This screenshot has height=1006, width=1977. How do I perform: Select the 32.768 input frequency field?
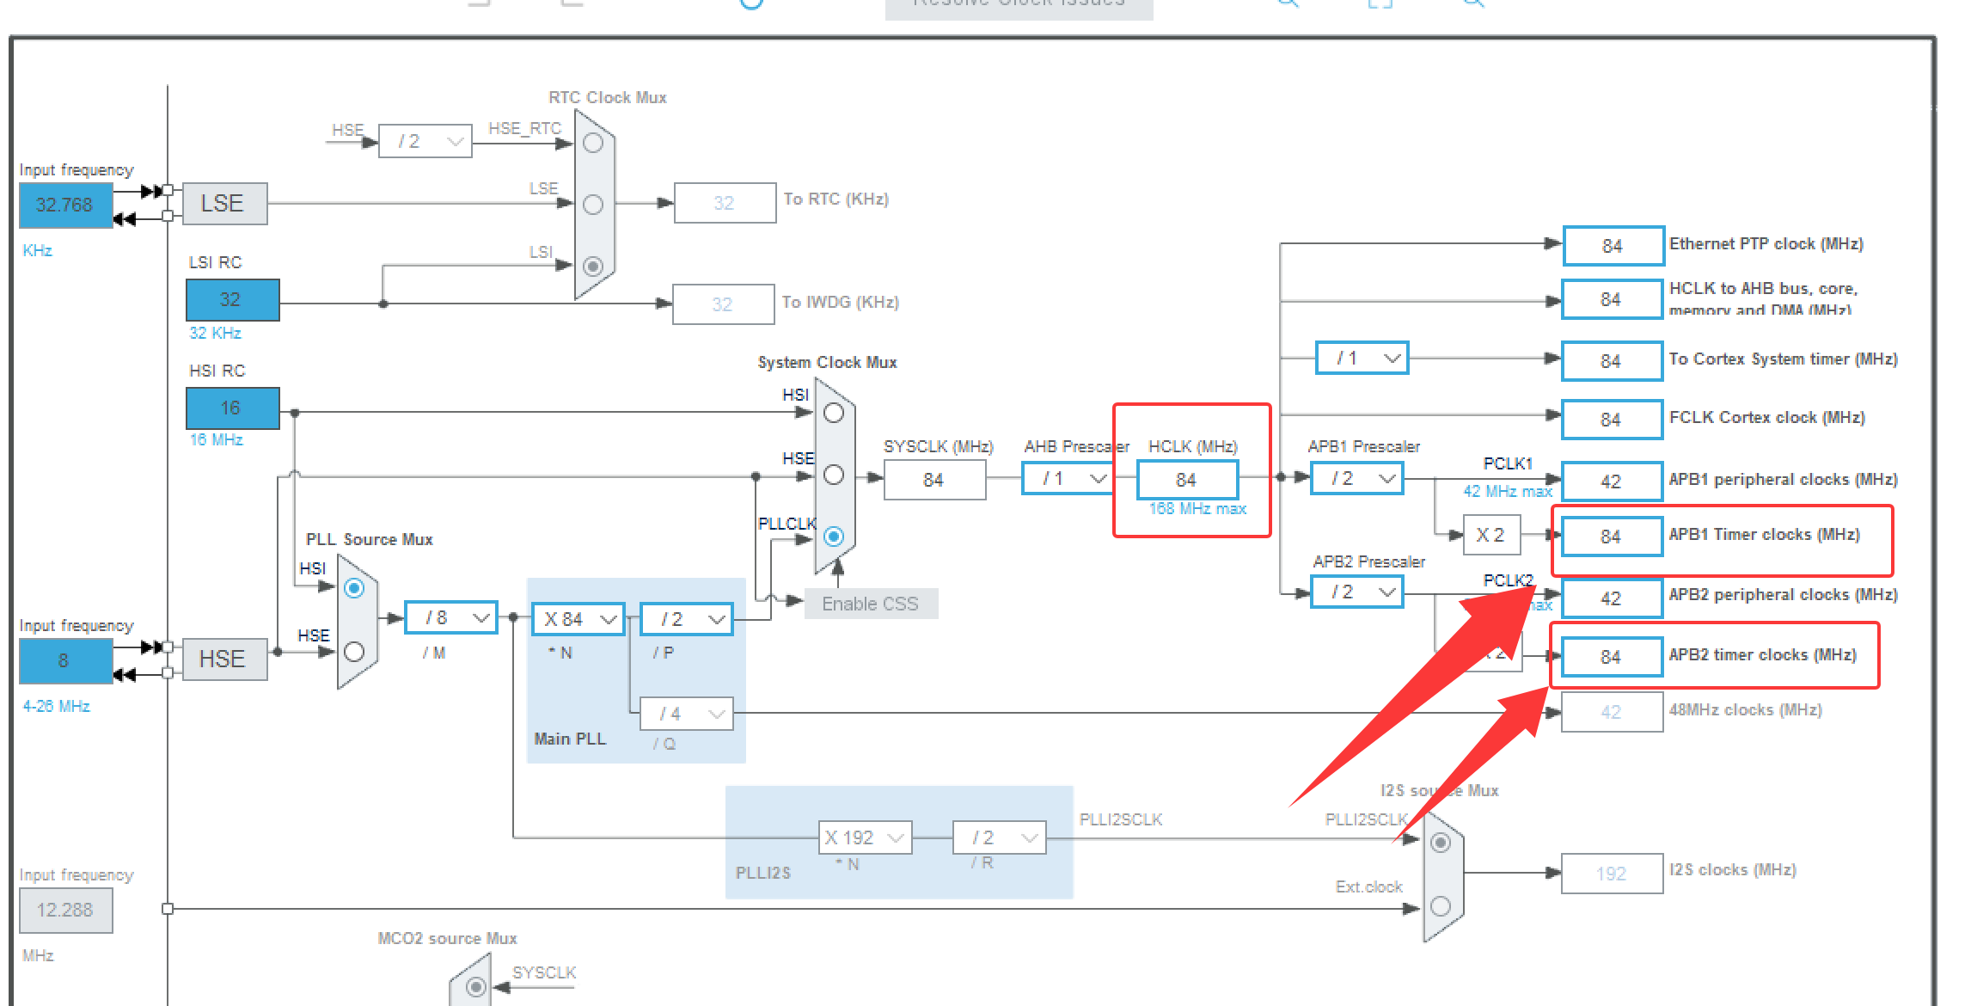point(65,205)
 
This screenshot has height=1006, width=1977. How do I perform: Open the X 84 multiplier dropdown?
point(578,619)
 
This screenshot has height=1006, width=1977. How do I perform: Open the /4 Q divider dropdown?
point(687,714)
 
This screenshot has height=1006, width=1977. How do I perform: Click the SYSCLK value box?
point(934,480)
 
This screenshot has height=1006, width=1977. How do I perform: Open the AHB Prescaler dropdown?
point(1067,478)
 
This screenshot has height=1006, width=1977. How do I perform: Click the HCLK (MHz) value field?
point(1187,480)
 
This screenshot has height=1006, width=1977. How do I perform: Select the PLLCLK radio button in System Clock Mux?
point(833,537)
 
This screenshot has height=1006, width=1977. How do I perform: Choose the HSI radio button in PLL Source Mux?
point(354,588)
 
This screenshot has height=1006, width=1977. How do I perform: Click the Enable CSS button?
point(870,604)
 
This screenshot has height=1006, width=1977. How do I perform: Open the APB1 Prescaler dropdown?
point(1356,478)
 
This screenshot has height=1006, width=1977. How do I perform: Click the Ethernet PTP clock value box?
point(1613,246)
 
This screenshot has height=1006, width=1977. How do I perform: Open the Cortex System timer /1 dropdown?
point(1362,358)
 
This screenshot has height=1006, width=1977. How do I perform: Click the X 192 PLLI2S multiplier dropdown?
point(865,837)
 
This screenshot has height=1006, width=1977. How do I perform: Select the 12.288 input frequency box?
point(65,910)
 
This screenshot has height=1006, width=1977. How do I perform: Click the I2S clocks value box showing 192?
point(1612,874)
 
